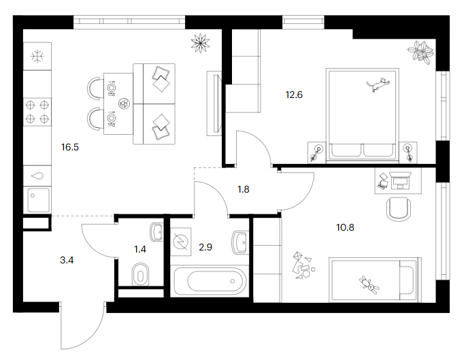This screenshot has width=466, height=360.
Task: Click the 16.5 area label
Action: click(x=70, y=147)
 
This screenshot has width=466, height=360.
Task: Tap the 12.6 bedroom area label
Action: click(x=294, y=95)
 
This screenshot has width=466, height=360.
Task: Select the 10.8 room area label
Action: click(x=345, y=228)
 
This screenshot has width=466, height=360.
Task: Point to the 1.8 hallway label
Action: click(x=244, y=189)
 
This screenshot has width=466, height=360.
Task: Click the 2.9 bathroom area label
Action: click(x=205, y=247)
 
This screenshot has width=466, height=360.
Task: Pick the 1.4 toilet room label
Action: click(x=140, y=249)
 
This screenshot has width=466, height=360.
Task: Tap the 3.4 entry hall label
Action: click(x=67, y=260)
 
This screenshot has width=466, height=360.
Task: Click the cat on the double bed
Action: click(x=378, y=84)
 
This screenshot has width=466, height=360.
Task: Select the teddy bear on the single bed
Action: click(x=369, y=284)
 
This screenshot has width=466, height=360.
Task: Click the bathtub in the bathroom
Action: click(x=210, y=281)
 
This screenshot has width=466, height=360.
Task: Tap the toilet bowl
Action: click(x=141, y=274)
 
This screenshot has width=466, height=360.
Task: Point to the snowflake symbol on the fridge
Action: click(x=37, y=56)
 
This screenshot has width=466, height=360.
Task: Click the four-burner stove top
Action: click(x=37, y=112)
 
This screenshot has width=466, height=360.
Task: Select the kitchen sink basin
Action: click(x=38, y=200)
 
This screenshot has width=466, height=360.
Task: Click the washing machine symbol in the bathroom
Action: click(x=181, y=242)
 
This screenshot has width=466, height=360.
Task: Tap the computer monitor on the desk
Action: click(x=400, y=180)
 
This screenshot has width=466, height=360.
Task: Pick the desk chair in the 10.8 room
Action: click(x=399, y=210)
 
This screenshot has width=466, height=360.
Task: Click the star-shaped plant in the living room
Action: click(x=200, y=43)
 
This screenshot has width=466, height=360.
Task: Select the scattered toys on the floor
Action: click(x=303, y=265)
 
